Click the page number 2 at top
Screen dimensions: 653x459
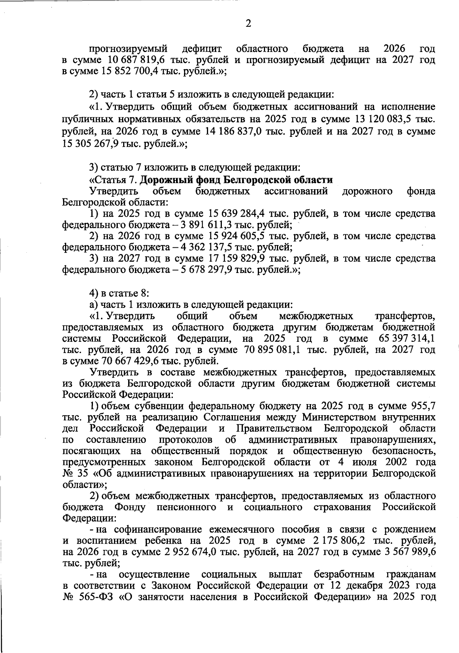248,24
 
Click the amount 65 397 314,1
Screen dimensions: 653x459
406,338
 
